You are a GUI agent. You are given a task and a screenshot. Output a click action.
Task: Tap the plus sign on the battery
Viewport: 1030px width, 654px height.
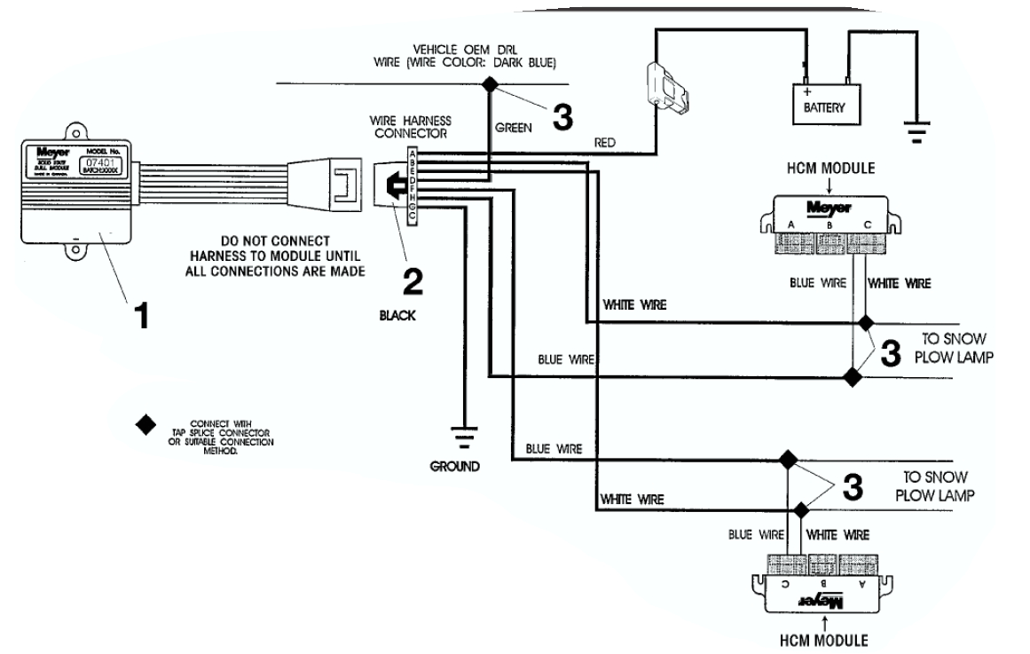pyautogui.click(x=806, y=92)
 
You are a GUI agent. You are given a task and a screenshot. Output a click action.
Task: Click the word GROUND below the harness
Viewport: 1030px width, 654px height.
pyautogui.click(x=455, y=465)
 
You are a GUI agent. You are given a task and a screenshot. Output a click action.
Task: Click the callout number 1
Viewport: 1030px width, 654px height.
pyautogui.click(x=139, y=315)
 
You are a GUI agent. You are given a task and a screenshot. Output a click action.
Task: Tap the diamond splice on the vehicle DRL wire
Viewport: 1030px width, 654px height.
pyautogui.click(x=489, y=84)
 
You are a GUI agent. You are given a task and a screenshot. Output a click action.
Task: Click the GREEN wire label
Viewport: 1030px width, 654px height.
pyautogui.click(x=514, y=127)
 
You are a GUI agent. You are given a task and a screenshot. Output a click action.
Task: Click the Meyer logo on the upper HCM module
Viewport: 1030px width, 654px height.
pyautogui.click(x=823, y=208)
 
